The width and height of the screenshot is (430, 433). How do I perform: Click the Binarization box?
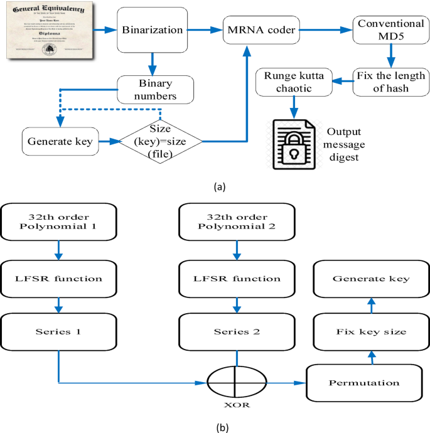(x=152, y=29)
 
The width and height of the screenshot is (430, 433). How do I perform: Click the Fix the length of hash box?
(x=383, y=82)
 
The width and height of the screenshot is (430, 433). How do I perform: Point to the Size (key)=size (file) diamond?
(x=162, y=142)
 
